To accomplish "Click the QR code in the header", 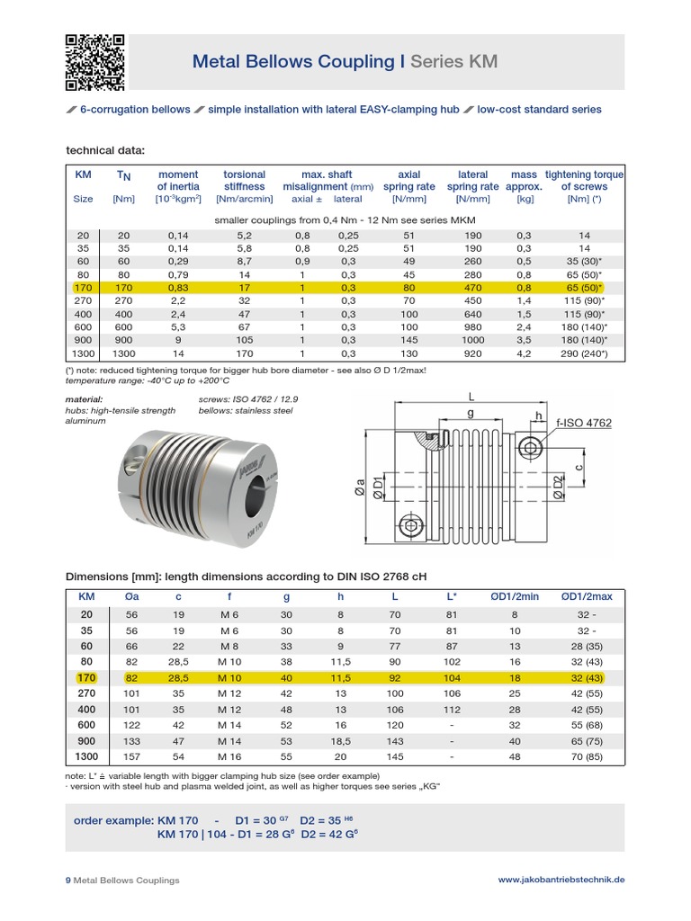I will (x=95, y=62).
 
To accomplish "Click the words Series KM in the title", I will (x=453, y=61).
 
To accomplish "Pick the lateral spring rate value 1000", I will (x=472, y=341).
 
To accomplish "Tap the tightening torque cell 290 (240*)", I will (x=584, y=354).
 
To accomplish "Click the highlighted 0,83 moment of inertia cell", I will (x=178, y=288).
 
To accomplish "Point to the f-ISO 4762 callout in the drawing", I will (x=583, y=422).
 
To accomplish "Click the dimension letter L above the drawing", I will (x=470, y=396).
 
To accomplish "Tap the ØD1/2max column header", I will (x=586, y=595).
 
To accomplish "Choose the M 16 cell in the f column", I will (x=229, y=758).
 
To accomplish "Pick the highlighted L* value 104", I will (x=452, y=677).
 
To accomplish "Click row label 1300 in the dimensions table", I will (x=86, y=758).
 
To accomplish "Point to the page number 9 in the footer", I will (x=68, y=880).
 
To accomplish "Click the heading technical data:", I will (x=105, y=149).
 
